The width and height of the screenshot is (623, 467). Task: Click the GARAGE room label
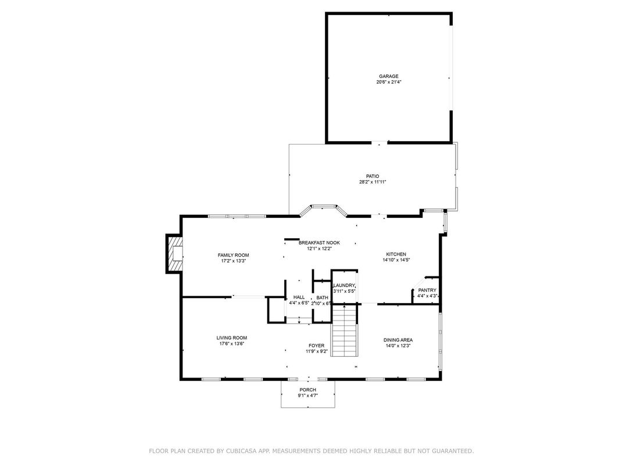[389, 76]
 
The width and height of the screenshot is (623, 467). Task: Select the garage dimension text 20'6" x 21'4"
[389, 82]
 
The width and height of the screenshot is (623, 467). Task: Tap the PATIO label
[373, 176]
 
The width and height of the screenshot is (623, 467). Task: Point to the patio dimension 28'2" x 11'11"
[373, 182]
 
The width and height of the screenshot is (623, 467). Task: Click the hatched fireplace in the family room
[174, 253]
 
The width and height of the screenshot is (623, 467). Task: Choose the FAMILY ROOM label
[233, 255]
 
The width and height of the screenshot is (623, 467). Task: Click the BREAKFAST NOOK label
[319, 243]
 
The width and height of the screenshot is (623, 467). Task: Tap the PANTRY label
[427, 290]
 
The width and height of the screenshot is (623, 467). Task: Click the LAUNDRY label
[343, 285]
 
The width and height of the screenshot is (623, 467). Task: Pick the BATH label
[322, 297]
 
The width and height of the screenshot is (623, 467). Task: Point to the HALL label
[299, 297]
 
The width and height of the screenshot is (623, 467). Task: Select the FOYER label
[317, 346]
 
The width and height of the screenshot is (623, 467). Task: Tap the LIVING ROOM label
[232, 337]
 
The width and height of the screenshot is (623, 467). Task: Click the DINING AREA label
[398, 340]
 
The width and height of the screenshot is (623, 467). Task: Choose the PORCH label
[307, 390]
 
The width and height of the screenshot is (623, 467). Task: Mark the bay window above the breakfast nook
[324, 207]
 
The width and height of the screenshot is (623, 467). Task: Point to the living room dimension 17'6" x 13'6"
[232, 344]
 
